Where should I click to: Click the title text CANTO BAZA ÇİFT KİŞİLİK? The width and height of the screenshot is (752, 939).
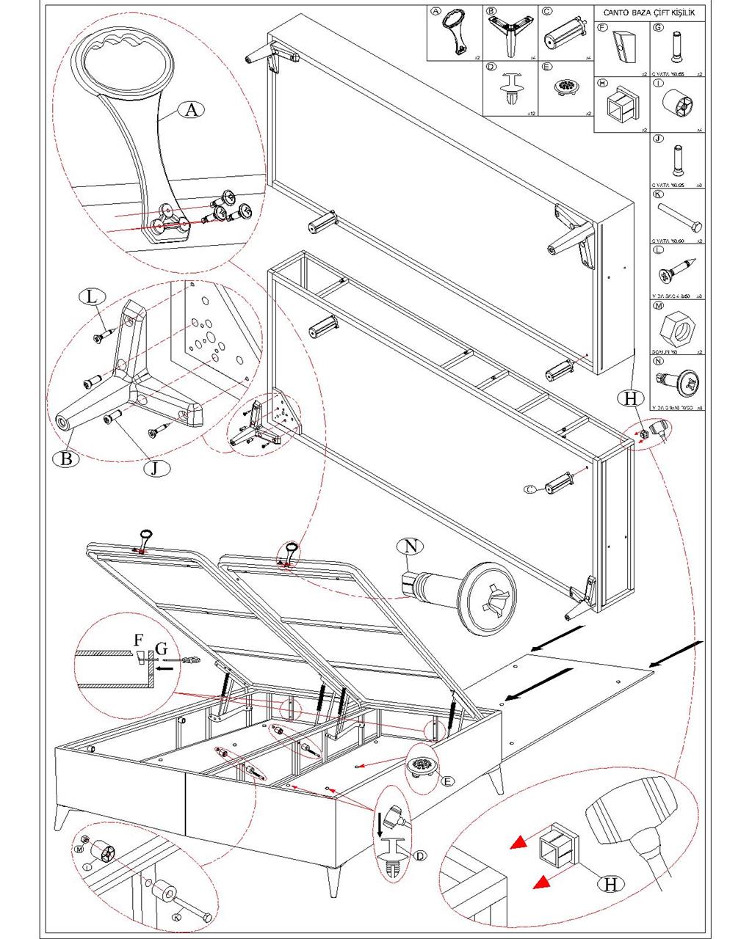point(648,13)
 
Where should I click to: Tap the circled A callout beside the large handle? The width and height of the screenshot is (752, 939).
point(191,110)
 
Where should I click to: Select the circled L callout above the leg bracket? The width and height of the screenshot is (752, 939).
point(91,297)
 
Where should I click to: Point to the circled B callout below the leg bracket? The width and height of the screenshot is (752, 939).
point(65,459)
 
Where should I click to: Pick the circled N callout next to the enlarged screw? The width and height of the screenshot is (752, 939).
point(411,546)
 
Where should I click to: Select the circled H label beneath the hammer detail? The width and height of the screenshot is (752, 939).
point(609,884)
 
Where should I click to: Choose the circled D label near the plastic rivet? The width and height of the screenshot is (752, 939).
point(420,855)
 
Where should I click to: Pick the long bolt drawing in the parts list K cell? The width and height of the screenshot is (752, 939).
point(676,218)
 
